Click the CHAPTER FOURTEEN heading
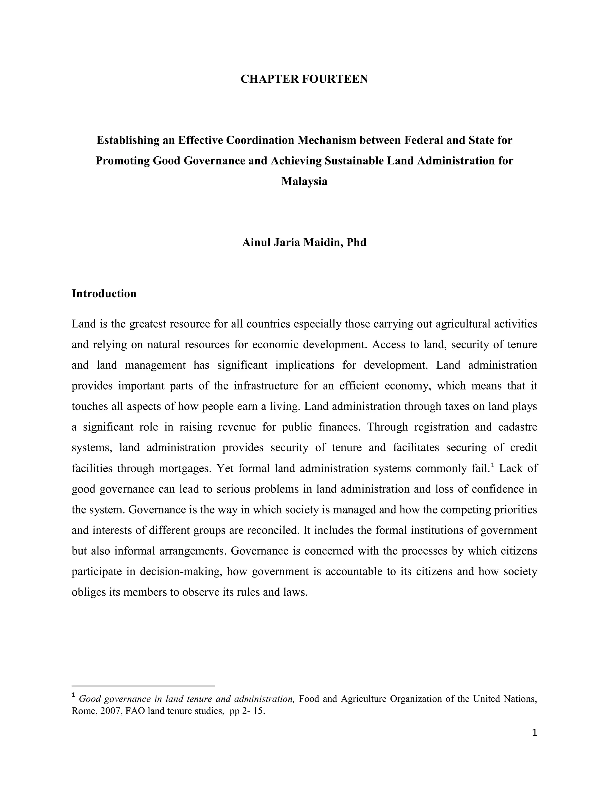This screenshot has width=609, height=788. pyautogui.click(x=304, y=79)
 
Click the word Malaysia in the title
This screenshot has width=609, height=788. pyautogui.click(x=304, y=181)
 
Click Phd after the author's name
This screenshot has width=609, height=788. pyautogui.click(x=357, y=242)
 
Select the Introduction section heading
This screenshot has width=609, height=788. pyautogui.click(x=104, y=294)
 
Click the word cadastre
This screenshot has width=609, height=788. pyautogui.click(x=517, y=427)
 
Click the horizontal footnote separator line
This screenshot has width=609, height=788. pyautogui.click(x=143, y=685)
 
